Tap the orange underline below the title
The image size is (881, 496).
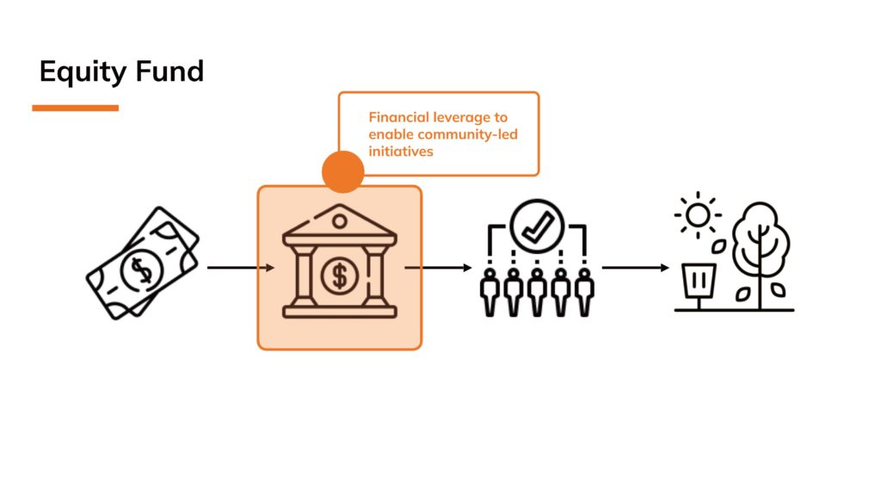[75, 108]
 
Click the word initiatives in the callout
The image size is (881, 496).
[401, 151]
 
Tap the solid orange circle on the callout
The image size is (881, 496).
[343, 171]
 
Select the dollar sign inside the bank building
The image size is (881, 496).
[340, 276]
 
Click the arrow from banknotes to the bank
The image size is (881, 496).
[241, 268]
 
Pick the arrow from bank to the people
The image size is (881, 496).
[439, 268]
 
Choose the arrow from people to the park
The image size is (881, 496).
[635, 268]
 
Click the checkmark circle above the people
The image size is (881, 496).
[536, 226]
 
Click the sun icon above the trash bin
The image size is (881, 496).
[698, 213]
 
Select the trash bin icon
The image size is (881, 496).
[698, 282]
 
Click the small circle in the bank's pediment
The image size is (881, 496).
[340, 221]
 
